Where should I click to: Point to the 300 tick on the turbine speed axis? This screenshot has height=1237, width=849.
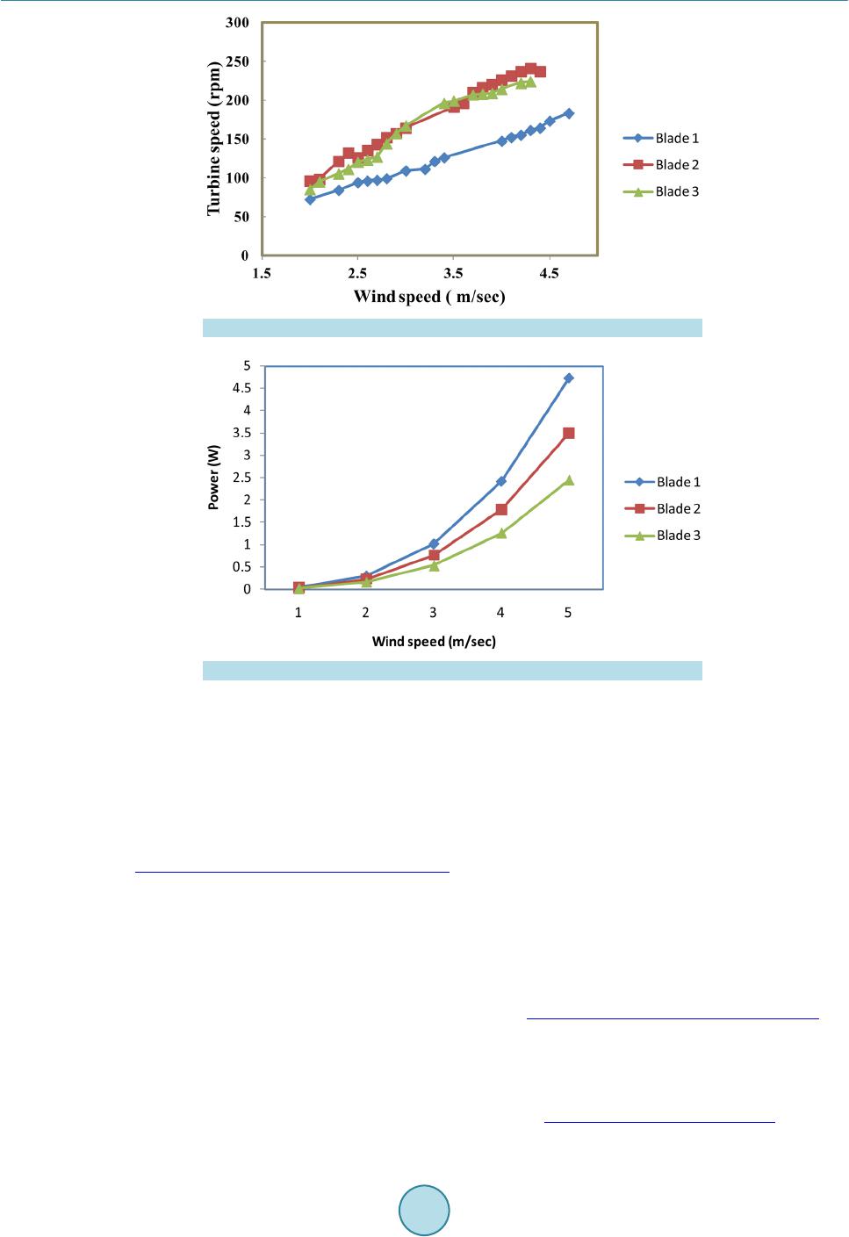pyautogui.click(x=237, y=23)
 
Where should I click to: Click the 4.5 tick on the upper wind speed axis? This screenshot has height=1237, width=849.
pyautogui.click(x=549, y=273)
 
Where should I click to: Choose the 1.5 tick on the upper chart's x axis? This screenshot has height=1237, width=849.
pyautogui.click(x=262, y=273)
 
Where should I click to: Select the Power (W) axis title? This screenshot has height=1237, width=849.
pyautogui.click(x=215, y=478)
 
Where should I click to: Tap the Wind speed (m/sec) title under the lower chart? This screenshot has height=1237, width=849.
pyautogui.click(x=434, y=642)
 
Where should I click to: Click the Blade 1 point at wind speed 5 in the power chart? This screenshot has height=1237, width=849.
pyautogui.click(x=569, y=378)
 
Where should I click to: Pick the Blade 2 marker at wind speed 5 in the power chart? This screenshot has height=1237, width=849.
pyautogui.click(x=569, y=433)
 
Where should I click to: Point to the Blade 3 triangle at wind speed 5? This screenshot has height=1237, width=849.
pyautogui.click(x=569, y=480)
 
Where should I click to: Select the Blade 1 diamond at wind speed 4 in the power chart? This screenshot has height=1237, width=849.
pyautogui.click(x=501, y=481)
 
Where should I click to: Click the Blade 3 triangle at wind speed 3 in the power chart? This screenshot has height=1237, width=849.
pyautogui.click(x=434, y=565)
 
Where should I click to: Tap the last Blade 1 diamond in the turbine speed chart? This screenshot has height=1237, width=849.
pyautogui.click(x=569, y=113)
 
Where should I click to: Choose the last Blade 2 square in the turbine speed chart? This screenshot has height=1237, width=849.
pyautogui.click(x=540, y=72)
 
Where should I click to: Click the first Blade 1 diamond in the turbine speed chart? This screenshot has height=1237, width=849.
pyautogui.click(x=310, y=199)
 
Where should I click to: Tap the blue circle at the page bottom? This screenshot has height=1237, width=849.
pyautogui.click(x=424, y=1211)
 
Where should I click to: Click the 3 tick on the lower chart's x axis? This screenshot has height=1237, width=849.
pyautogui.click(x=434, y=612)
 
